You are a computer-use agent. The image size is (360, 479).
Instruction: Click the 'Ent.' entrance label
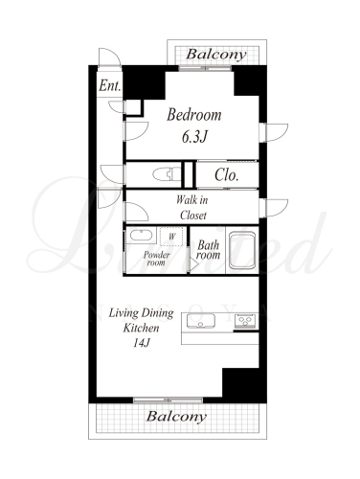110,85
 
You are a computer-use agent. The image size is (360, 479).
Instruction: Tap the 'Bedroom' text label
194,115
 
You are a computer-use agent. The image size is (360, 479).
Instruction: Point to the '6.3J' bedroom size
194,137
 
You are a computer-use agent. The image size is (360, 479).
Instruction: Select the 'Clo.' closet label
227,175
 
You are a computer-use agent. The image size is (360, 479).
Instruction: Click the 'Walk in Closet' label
192,208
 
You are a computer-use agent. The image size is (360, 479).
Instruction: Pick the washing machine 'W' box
171,237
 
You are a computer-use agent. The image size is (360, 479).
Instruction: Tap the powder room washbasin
141,236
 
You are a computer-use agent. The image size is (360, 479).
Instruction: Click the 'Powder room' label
156,259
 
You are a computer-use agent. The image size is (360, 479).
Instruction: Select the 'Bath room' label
209,250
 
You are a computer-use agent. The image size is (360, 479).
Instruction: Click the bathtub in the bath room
242,250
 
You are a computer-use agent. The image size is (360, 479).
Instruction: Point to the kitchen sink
201,321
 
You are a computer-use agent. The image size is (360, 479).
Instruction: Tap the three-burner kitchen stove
245,321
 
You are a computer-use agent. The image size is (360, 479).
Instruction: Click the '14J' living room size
142,343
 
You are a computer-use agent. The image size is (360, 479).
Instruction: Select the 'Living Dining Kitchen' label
142,320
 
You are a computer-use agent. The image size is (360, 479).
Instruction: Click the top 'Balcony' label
216,55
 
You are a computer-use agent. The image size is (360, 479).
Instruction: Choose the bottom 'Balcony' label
176,417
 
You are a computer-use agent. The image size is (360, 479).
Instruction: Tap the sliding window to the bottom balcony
168,399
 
